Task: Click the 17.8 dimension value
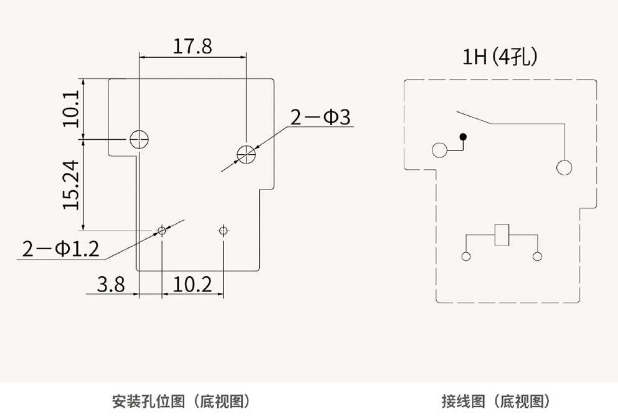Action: pyautogui.click(x=192, y=47)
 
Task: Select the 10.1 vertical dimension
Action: pyautogui.click(x=72, y=108)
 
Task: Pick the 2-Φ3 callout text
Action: pyautogui.click(x=322, y=117)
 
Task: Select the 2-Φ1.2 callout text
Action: pyautogui.click(x=60, y=249)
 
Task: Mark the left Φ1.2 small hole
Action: pyautogui.click(x=162, y=231)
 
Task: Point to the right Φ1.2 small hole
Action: pyautogui.click(x=223, y=231)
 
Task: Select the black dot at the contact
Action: pyautogui.click(x=462, y=136)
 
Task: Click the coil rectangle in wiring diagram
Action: pyautogui.click(x=502, y=235)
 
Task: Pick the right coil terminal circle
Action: pyautogui.click(x=538, y=256)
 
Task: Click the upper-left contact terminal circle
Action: pyautogui.click(x=439, y=150)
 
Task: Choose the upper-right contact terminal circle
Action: pyautogui.click(x=564, y=167)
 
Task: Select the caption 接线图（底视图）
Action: pyautogui.click(x=495, y=401)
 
